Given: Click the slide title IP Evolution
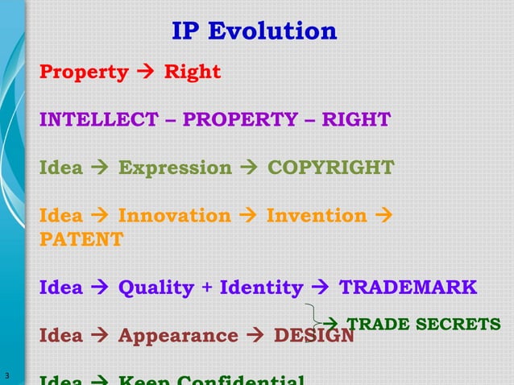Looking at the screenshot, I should click(x=255, y=31).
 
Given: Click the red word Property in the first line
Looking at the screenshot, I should click(x=85, y=72).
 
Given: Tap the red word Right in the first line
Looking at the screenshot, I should click(x=193, y=72).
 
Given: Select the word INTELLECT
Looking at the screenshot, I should click(x=99, y=120).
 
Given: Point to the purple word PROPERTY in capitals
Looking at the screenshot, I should click(x=240, y=120).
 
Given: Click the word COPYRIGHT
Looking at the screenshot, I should click(x=330, y=168).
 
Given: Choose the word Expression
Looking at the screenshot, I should click(x=175, y=168).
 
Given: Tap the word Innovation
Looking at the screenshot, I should click(x=174, y=215).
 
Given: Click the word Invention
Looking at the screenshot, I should click(x=317, y=215).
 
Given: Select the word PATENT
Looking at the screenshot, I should click(x=81, y=239).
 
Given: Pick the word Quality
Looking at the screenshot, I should click(x=156, y=288).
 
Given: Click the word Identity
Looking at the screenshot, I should click(x=262, y=288).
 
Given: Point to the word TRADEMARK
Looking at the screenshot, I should click(x=408, y=288).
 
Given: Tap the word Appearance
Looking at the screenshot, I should click(x=178, y=335).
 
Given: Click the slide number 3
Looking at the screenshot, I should click(x=6, y=375).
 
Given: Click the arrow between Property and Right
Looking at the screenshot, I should click(x=146, y=72).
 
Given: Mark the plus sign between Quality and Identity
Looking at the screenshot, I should click(x=207, y=288).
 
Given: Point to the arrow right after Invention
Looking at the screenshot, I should click(x=383, y=215).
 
